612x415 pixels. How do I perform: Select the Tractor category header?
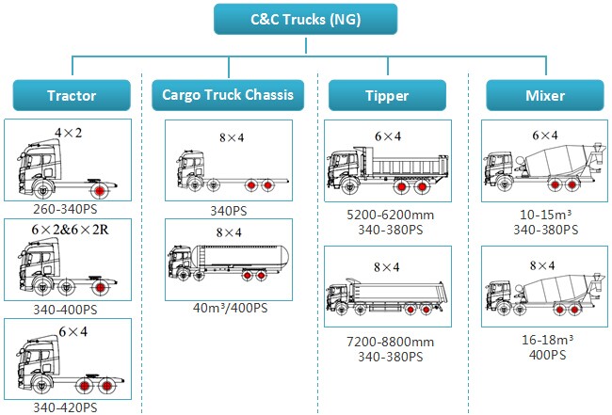click(72, 95)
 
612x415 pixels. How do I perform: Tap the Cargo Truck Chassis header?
click(228, 95)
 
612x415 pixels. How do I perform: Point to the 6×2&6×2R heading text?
click(69, 230)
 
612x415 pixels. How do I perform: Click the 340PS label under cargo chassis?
click(228, 210)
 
